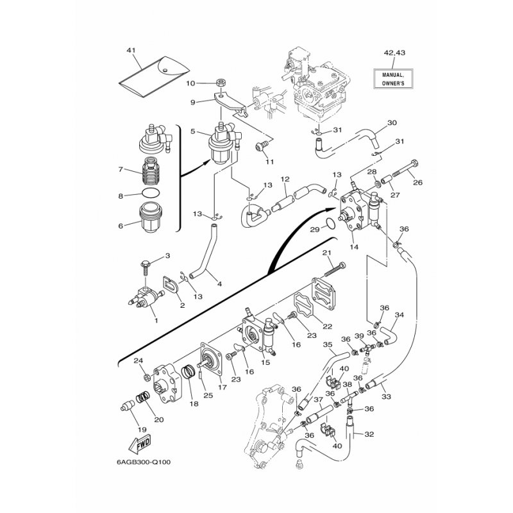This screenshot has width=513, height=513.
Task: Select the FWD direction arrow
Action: [x=140, y=443]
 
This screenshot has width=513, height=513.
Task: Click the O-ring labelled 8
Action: [x=149, y=194]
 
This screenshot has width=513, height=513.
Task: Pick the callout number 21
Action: [x=326, y=252]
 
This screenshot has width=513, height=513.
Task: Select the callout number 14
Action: [x=353, y=247]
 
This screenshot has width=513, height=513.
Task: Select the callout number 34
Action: [x=399, y=315]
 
